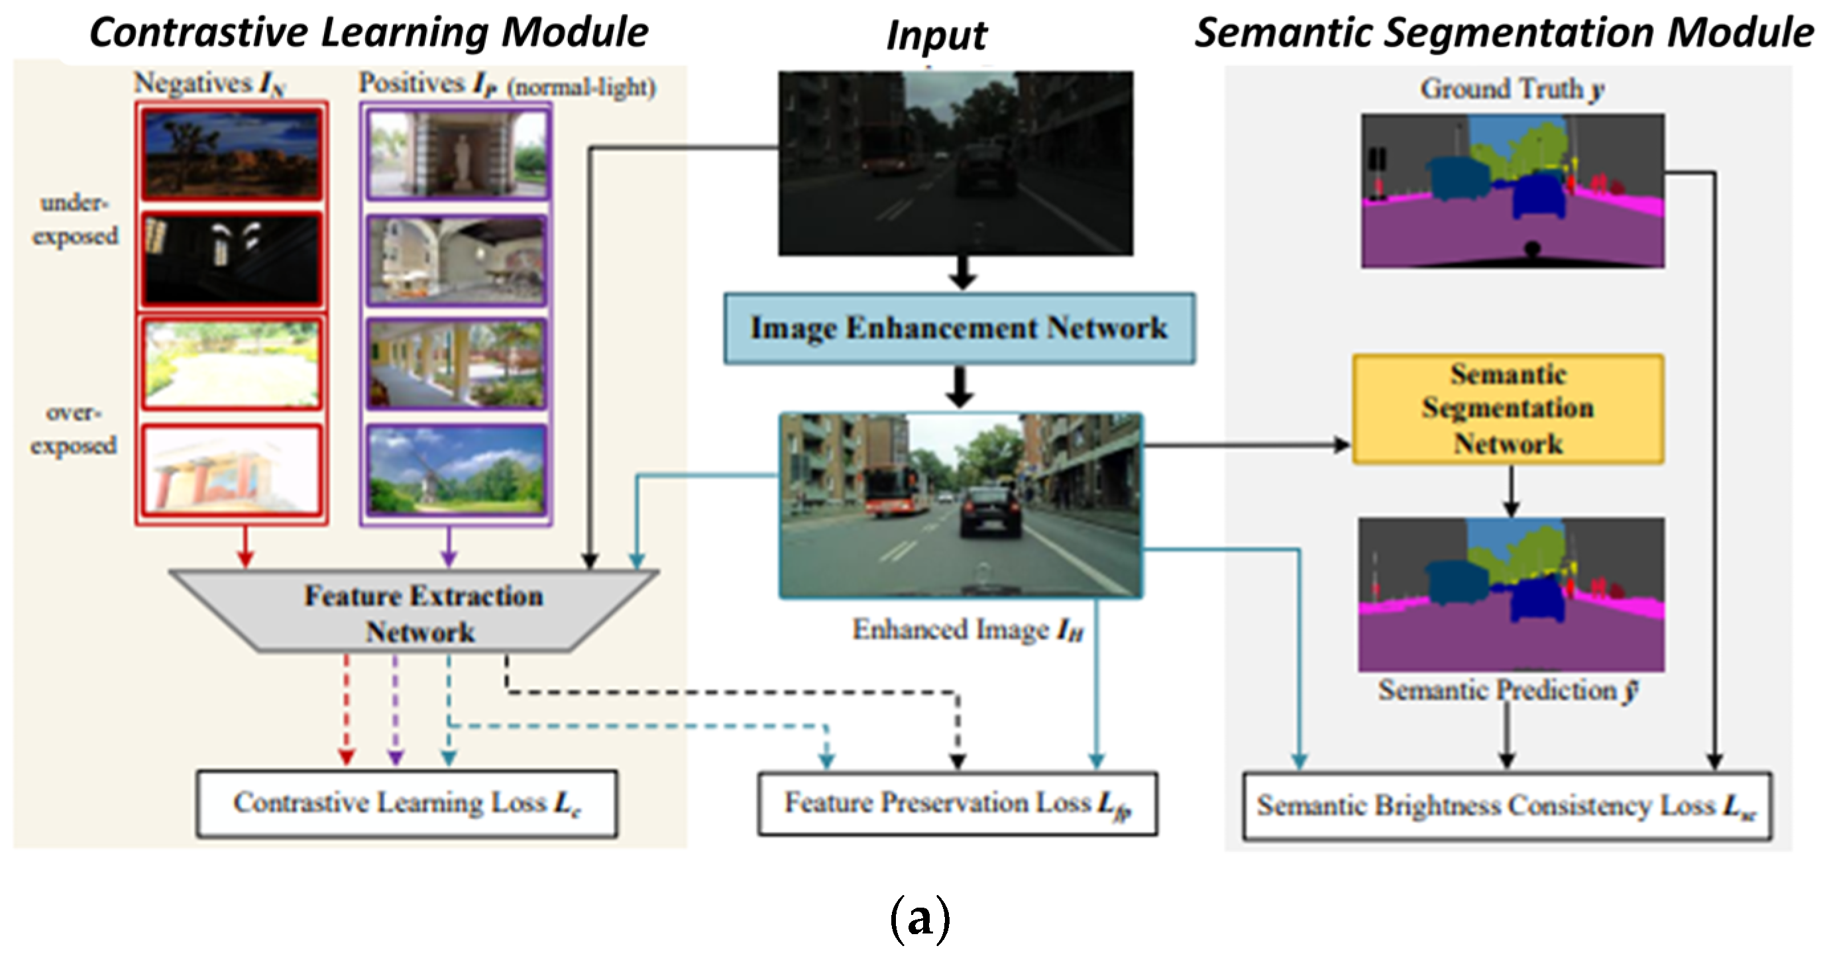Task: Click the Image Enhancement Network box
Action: [x=960, y=329]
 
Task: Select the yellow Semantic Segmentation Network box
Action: [x=1508, y=409]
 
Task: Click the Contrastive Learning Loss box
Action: [x=406, y=804]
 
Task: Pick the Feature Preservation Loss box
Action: [x=957, y=804]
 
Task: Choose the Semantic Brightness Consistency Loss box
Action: [x=1506, y=806]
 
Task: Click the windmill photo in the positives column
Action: [x=457, y=470]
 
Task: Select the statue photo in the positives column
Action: [x=457, y=154]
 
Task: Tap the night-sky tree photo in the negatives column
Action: [x=231, y=154]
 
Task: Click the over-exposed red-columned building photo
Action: [x=231, y=470]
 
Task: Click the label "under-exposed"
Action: [x=75, y=219]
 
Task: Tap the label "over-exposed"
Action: [x=74, y=429]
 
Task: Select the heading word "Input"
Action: [x=936, y=35]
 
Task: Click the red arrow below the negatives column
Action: [x=245, y=547]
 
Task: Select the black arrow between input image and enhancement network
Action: [x=962, y=273]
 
